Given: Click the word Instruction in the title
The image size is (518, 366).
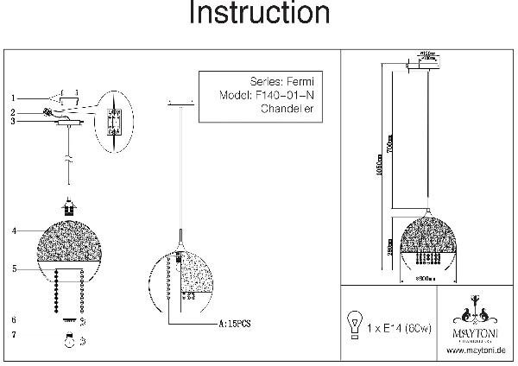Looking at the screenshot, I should click(258, 15).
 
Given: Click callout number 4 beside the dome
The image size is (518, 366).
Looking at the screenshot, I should click(15, 231).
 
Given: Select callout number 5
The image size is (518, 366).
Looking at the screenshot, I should click(15, 269).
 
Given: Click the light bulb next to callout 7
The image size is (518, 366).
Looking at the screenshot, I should click(66, 339).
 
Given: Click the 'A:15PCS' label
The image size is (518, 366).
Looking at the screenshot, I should click(235, 325).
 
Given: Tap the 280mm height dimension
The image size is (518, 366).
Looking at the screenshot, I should click(389, 247).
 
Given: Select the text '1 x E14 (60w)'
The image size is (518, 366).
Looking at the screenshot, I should click(400, 329).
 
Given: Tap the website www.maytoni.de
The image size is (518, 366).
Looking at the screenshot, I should click(477, 350).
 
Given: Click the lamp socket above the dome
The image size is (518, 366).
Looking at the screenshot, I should click(66, 208).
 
